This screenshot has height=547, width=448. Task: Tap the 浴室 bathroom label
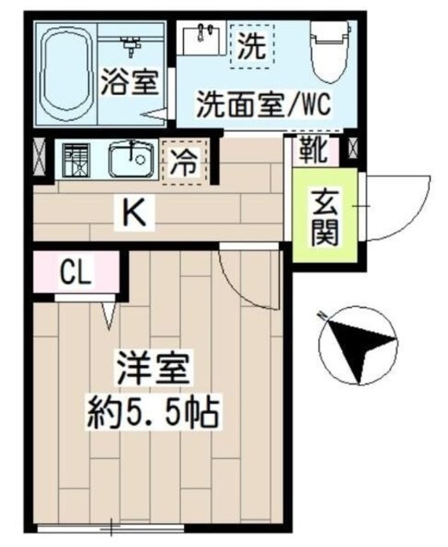click(129, 83)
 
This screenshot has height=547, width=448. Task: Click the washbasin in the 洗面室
click(204, 37)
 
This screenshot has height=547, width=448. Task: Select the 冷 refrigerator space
click(185, 161)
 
